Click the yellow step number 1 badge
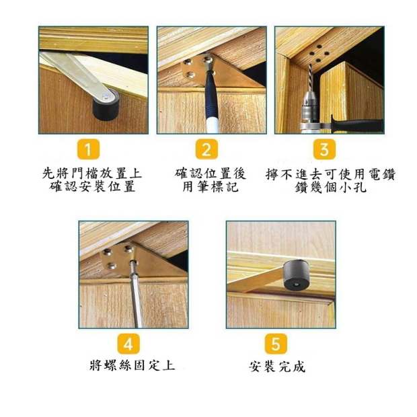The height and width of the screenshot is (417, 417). pos(89,149)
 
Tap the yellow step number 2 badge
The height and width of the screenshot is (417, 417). pos(206,149)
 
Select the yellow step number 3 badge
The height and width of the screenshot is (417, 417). pos(324,149)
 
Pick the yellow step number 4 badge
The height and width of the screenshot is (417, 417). pos(128,344)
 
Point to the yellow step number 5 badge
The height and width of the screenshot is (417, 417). pos(276,344)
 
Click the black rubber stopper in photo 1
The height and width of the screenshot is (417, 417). pos(106,106)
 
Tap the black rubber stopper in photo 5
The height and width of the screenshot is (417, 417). pos(296,276)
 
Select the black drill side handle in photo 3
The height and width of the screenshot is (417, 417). pos(356,124)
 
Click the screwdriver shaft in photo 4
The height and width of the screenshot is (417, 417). pos(136,296)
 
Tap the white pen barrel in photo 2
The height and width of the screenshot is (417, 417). pos(213,126)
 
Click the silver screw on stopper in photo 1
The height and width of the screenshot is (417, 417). pos(106,95)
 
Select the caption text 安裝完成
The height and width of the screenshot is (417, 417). pos(277,367)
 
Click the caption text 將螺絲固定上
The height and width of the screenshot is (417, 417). pos(132,365)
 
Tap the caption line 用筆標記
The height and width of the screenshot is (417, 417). pos(211,186)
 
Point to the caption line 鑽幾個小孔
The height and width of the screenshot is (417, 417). pos(330,187)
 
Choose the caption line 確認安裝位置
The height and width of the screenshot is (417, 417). pos(93,186)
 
